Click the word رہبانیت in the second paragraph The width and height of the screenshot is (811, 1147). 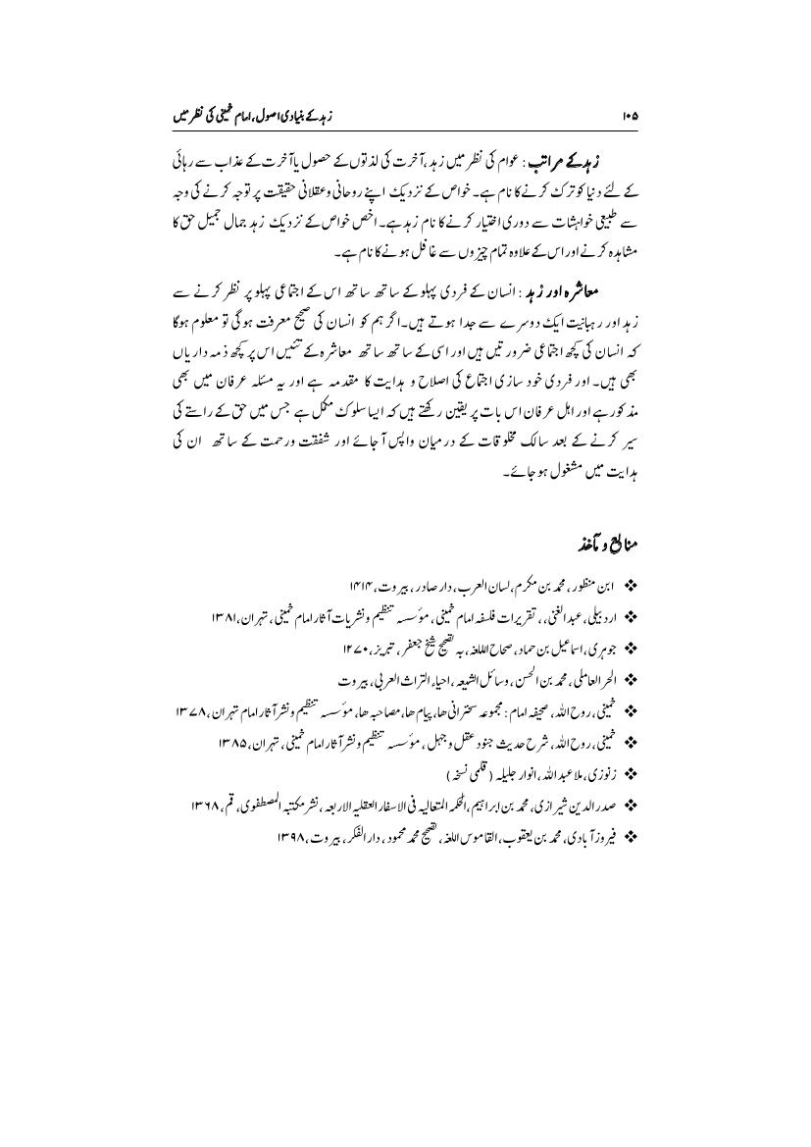pos(593,319)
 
